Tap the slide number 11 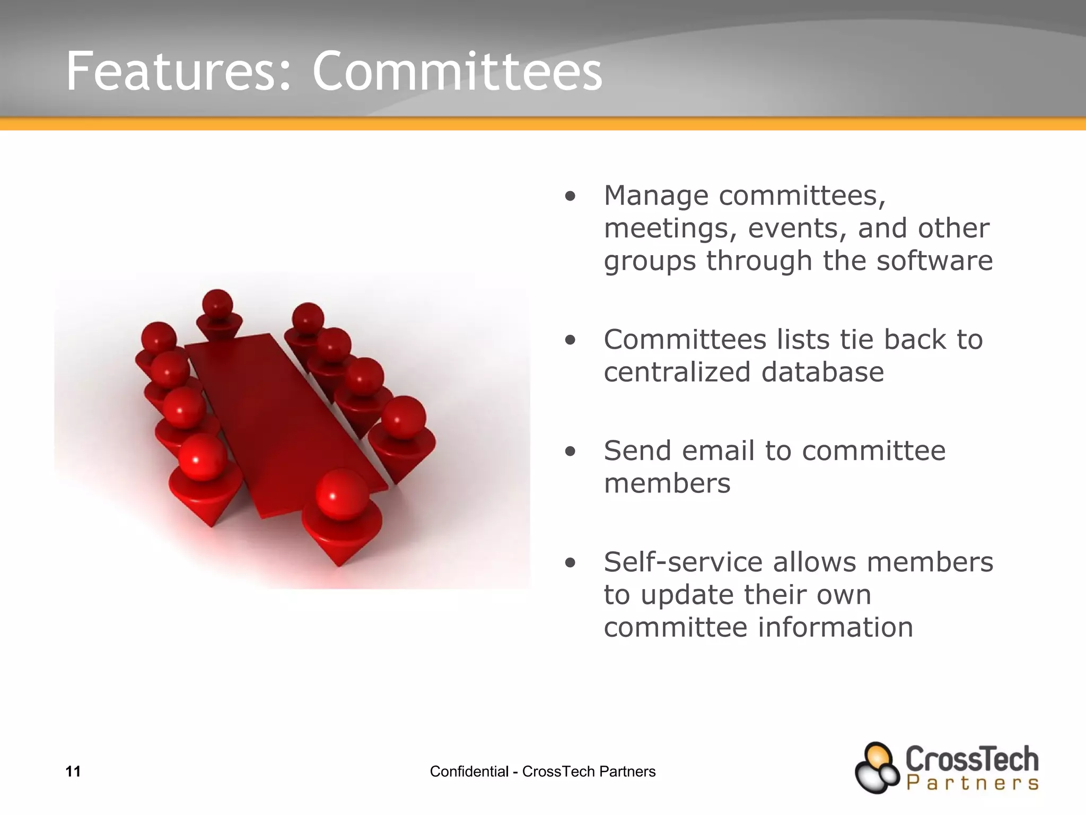coord(73,771)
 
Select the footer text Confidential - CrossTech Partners coord(542,771)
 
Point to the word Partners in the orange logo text coord(972,783)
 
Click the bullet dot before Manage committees coord(570,197)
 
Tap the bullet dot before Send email coord(570,452)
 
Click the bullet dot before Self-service coord(570,563)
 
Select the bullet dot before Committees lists coord(570,341)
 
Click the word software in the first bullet coord(934,261)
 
